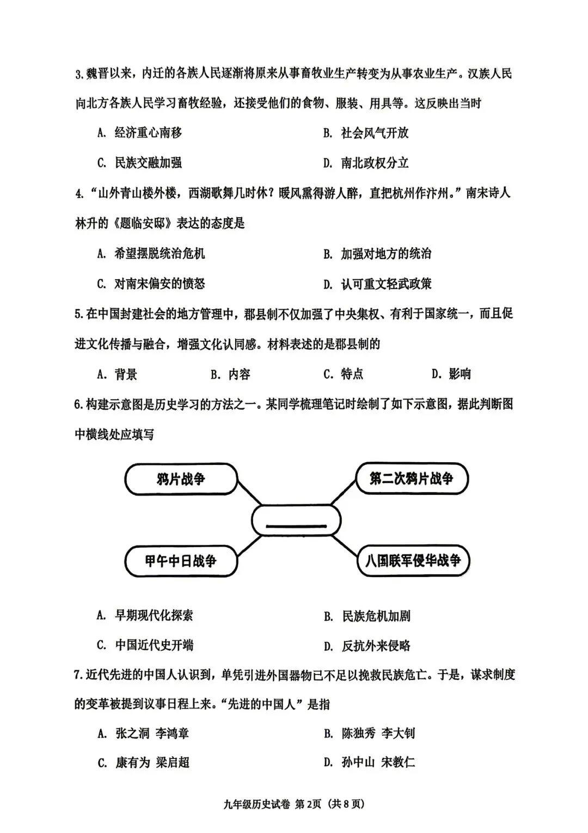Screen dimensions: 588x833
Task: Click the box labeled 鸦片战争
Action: coord(181,480)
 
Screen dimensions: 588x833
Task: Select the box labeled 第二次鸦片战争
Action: coord(412,479)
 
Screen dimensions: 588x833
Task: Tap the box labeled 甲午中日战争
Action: coord(181,561)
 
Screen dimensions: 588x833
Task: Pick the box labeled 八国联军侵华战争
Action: coord(413,561)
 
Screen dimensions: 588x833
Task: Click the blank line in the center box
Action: coord(296,526)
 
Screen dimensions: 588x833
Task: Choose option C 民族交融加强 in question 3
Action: coord(140,163)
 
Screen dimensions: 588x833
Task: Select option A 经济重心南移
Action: coord(140,133)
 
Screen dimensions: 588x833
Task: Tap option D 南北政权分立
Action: coord(366,163)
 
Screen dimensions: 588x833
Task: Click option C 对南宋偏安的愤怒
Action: coord(151,284)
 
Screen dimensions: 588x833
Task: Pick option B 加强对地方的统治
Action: coord(377,254)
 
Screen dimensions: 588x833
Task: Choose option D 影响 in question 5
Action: coord(451,374)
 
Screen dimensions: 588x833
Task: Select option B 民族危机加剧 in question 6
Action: coord(367,616)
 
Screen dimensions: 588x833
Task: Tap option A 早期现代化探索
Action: coord(145,616)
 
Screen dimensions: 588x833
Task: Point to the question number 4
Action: coord(79,194)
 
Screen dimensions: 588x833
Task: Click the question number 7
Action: coord(78,676)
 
